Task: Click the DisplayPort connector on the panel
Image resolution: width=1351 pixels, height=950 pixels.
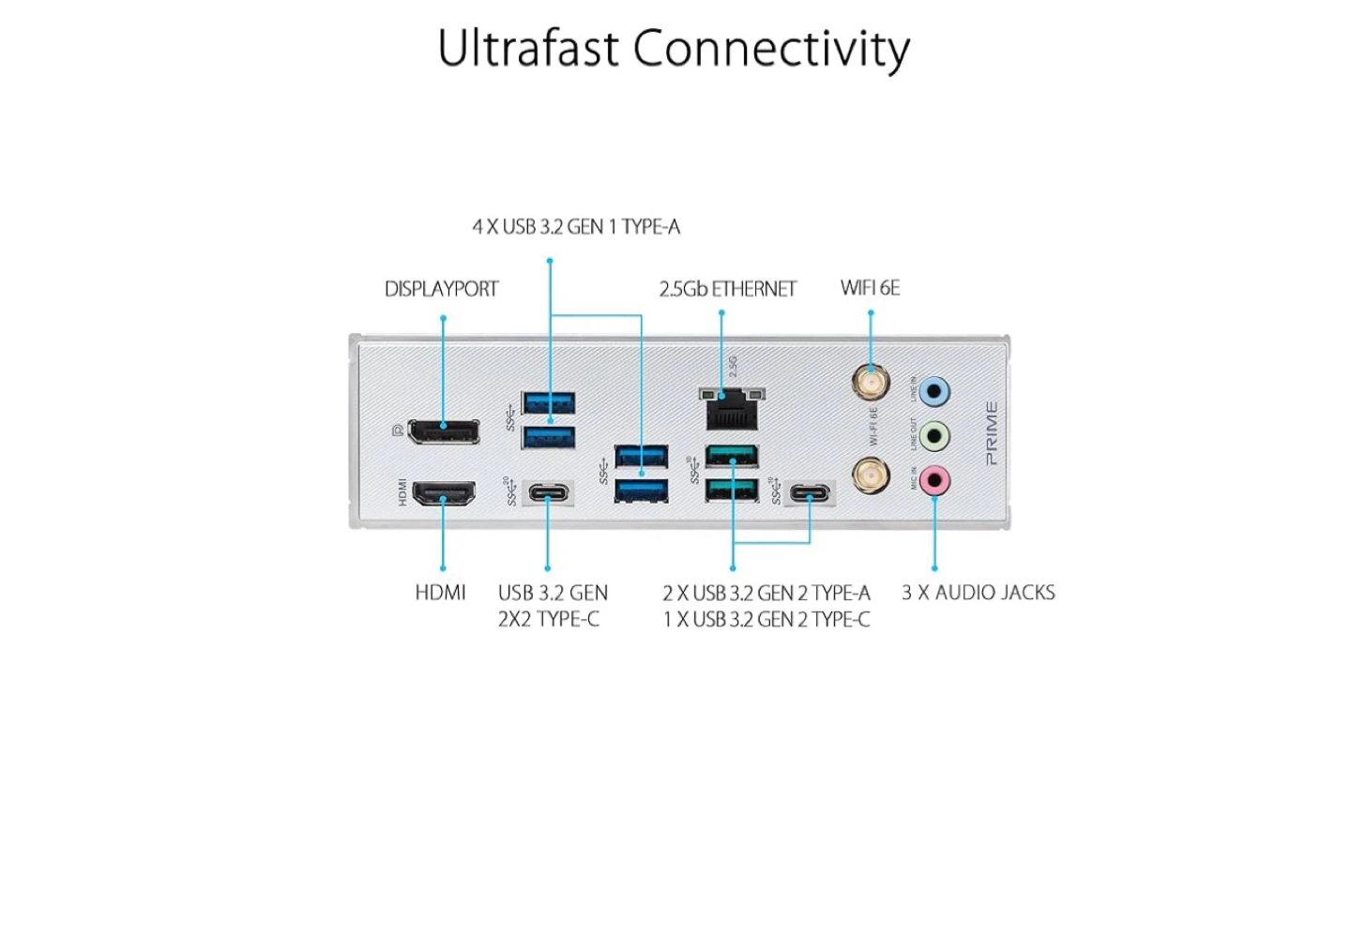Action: [444, 430]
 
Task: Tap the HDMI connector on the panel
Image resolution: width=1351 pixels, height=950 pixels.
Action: [444, 493]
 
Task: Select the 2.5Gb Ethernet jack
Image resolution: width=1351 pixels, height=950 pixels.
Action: [731, 409]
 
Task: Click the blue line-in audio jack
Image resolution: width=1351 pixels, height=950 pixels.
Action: [934, 391]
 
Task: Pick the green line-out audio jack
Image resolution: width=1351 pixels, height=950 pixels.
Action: [934, 436]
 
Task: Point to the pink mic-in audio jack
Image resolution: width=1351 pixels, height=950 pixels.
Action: [934, 481]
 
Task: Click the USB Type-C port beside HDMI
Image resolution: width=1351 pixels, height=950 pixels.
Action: [548, 493]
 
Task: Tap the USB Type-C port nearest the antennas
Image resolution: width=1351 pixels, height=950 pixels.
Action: [810, 493]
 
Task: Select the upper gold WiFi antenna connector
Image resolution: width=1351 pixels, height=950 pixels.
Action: [871, 384]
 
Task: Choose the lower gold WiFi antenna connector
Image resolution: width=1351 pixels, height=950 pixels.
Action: [871, 475]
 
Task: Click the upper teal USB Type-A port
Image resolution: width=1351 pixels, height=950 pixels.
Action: [732, 457]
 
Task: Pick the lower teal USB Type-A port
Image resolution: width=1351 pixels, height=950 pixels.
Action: [732, 490]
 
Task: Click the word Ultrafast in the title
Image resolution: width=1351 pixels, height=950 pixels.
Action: [527, 49]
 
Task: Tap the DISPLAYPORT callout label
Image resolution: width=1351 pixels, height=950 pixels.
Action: [441, 289]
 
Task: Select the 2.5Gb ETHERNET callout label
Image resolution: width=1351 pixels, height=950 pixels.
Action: [727, 289]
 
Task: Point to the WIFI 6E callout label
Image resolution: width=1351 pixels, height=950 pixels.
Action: [870, 288]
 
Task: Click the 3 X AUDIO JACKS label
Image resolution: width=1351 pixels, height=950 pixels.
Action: [978, 593]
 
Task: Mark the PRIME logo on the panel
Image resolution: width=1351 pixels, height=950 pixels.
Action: [992, 433]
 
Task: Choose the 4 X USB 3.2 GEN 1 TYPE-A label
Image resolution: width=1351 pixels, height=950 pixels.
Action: [576, 227]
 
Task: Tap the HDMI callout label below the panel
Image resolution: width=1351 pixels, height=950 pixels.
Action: [440, 593]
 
